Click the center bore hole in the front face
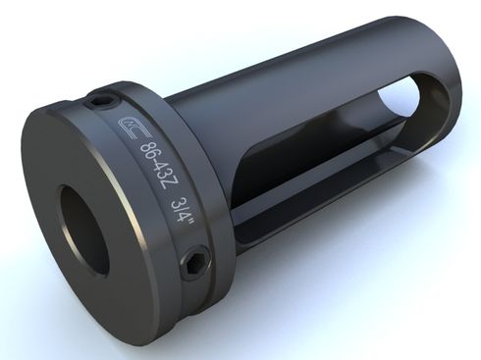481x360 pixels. (x=84, y=229)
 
